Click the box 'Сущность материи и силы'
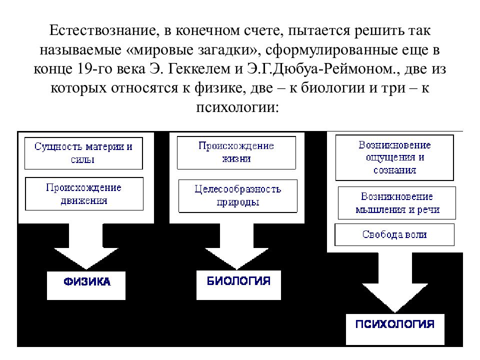click(x=83, y=153)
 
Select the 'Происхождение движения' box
click(x=84, y=194)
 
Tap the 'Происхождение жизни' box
click(x=236, y=153)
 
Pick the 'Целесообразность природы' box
click(x=238, y=196)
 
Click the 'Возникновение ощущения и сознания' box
click(x=394, y=157)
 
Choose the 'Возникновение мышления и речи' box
click(x=397, y=203)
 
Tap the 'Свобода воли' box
click(x=394, y=235)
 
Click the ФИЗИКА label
click(x=87, y=281)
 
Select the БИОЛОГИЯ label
click(x=239, y=280)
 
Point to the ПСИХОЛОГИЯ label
click(x=395, y=324)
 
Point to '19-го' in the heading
click(x=95, y=69)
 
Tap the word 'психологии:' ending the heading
click(x=237, y=107)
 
